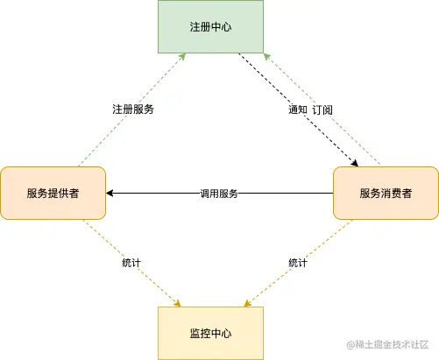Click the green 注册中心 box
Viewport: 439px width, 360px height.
tap(210, 26)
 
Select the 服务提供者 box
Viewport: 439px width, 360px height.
tap(53, 193)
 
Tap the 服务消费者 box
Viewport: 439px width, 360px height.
tap(386, 193)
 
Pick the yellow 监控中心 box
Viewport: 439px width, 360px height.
tap(210, 333)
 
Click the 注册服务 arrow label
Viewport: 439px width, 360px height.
tap(133, 110)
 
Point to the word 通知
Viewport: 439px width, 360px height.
tap(299, 110)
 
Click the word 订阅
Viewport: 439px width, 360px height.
tap(322, 110)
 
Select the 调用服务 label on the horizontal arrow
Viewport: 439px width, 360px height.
tap(219, 193)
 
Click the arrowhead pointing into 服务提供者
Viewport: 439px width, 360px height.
tap(110, 193)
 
